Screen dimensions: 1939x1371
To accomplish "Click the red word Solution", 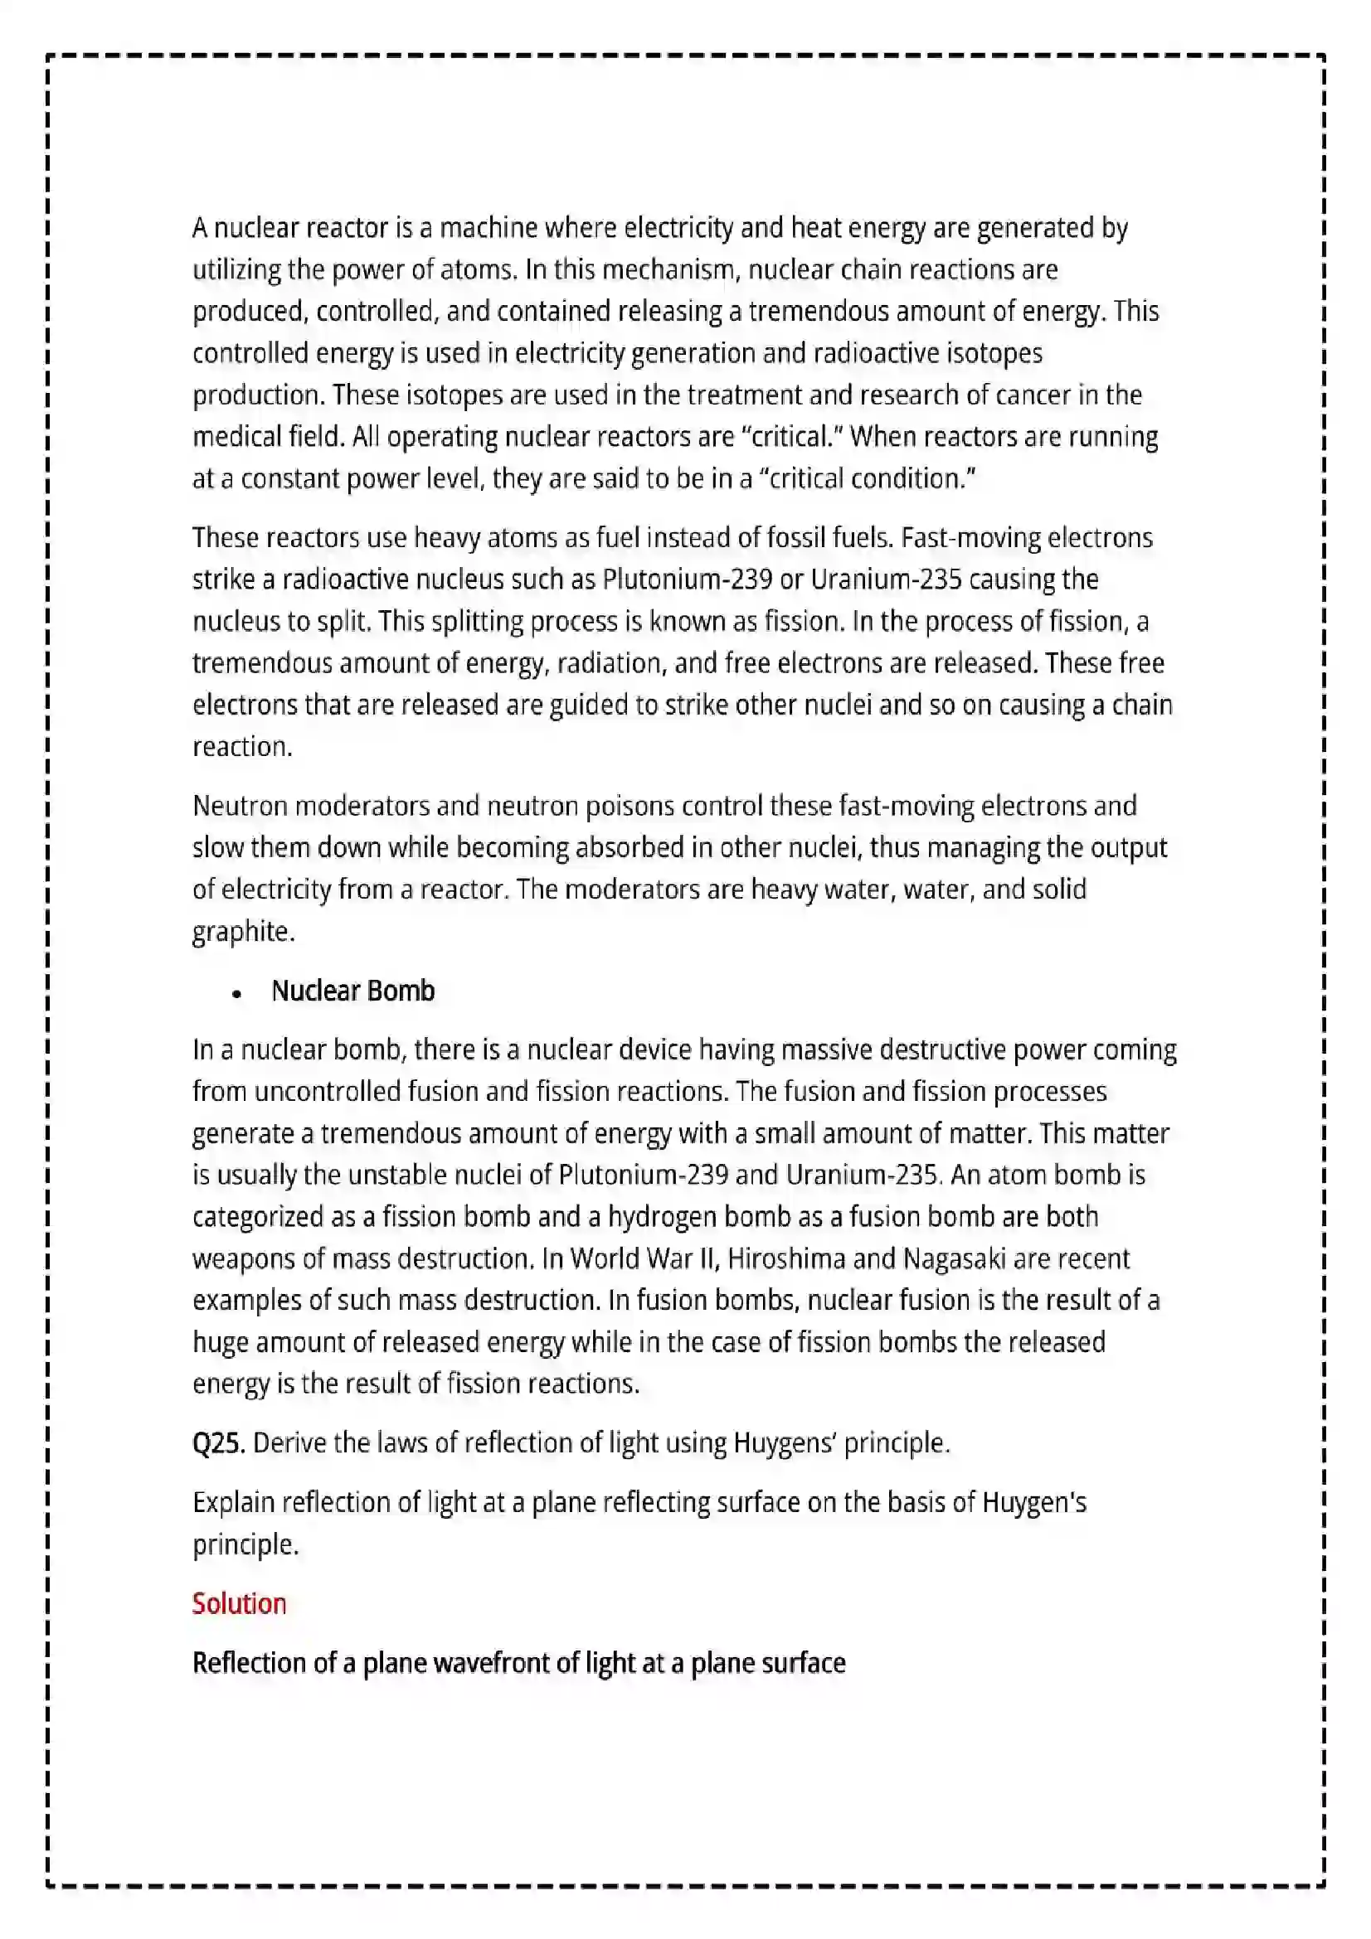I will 239,1603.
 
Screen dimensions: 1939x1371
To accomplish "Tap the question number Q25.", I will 218,1442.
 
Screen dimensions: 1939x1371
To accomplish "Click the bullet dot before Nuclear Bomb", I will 236,994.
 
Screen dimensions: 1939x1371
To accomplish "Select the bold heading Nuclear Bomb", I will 353,991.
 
